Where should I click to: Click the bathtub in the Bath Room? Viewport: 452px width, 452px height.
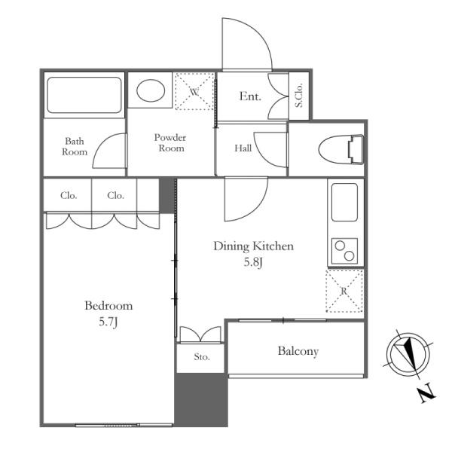84,95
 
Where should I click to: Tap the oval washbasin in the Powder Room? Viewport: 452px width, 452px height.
151,90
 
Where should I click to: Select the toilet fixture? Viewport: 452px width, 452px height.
341,150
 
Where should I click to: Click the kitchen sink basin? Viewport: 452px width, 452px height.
344,202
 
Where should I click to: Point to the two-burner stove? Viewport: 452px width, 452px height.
344,251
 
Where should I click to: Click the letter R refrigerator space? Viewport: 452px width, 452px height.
344,291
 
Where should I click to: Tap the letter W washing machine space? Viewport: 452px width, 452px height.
194,92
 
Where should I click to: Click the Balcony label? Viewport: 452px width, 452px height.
298,351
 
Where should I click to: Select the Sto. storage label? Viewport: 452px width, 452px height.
202,357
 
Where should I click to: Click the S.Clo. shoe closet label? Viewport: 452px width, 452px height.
299,96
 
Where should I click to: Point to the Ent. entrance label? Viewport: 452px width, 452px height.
250,96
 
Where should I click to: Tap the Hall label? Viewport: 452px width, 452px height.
243,148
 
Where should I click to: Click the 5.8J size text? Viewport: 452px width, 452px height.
253,262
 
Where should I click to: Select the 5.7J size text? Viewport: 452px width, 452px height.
108,322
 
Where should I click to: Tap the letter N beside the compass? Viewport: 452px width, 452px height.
427,392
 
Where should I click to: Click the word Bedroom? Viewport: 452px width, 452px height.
108,306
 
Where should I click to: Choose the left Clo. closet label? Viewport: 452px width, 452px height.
69,195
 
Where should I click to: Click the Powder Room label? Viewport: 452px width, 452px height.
170,142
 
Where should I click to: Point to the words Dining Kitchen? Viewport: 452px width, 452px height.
254,246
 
